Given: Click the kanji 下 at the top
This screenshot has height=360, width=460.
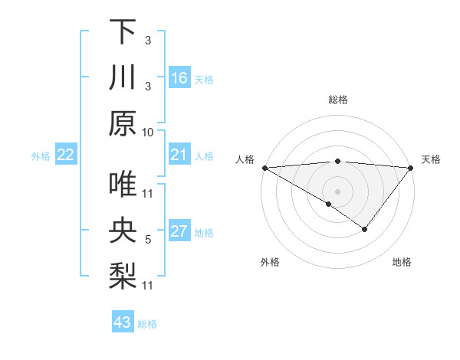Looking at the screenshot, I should pos(123,31).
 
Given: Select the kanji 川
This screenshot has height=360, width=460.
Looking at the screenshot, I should pos(123,77).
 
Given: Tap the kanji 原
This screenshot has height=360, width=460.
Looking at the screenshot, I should pos(123,123).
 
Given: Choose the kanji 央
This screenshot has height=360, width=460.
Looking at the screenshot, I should pos(123,231).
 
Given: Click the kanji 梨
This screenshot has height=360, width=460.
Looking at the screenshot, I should pos(123,277).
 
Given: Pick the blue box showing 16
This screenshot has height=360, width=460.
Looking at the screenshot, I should pos(179,78).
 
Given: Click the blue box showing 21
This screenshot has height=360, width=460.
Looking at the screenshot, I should pos(179,155).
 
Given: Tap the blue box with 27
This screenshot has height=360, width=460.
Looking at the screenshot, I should pos(179,232).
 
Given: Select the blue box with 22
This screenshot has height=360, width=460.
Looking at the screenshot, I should pos(66,155).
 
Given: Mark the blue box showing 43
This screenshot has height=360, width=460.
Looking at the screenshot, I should pos(123,322).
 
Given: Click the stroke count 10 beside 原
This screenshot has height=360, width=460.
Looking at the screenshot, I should pos(148,132).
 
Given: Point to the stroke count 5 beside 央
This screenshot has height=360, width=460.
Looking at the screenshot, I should pos(148,240).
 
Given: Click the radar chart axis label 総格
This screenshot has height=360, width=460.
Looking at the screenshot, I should pos(337,100).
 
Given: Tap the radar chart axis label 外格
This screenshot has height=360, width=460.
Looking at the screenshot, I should pos(270,262).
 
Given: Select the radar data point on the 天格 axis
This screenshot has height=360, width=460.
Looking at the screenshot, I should pos(411,168).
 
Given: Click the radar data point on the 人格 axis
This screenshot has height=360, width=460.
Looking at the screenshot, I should pos(264,168).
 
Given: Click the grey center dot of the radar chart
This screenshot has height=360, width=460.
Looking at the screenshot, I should pos(337,191).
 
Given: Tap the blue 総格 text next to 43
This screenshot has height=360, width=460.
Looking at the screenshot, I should pos(147,324).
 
